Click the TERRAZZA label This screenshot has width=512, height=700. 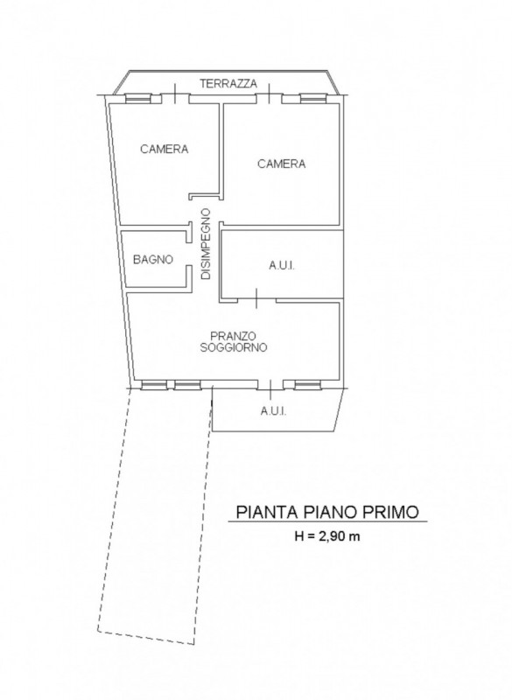pyautogui.click(x=228, y=83)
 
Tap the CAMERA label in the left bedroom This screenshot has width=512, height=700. pyautogui.click(x=165, y=149)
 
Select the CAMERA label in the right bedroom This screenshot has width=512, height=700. pyautogui.click(x=282, y=164)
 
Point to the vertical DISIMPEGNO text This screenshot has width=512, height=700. pyautogui.click(x=206, y=244)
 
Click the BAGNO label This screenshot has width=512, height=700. pyautogui.click(x=153, y=259)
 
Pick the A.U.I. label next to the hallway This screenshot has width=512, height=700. pyautogui.click(x=282, y=266)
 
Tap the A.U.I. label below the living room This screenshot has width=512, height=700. pyautogui.click(x=273, y=411)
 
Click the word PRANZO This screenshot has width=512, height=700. pyautogui.click(x=233, y=335)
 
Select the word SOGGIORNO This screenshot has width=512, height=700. pyautogui.click(x=234, y=347)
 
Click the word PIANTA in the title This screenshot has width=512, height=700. pyautogui.click(x=266, y=512)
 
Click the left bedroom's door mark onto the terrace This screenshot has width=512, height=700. pyautogui.click(x=175, y=94)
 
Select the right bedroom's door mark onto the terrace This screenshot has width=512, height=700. pyautogui.click(x=270, y=94)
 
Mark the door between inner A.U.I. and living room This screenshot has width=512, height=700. pyautogui.click(x=256, y=298)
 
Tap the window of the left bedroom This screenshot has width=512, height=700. pyautogui.click(x=138, y=98)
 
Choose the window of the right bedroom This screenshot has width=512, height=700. pyautogui.click(x=313, y=98)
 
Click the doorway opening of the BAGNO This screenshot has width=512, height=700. pyautogui.click(x=189, y=255)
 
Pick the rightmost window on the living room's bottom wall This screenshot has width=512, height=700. pyautogui.click(x=307, y=385)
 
